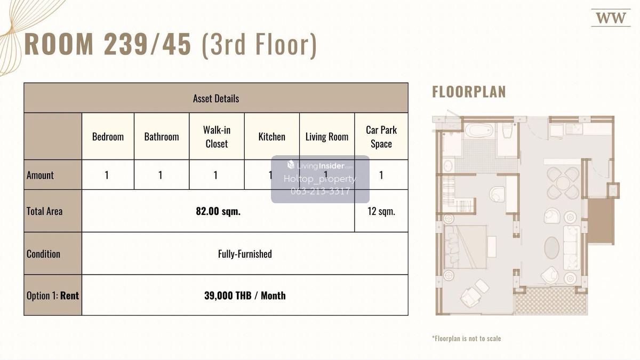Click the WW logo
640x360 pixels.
[611, 18]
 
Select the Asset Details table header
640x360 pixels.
[216, 98]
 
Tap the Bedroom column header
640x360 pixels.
[108, 137]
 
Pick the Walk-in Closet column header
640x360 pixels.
[217, 137]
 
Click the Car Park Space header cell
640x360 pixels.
[381, 137]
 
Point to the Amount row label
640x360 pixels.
[40, 175]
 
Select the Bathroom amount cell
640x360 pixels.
[162, 175]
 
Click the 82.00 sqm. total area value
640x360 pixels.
[218, 211]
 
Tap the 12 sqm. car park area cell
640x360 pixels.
[381, 211]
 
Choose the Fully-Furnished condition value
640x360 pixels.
[245, 254]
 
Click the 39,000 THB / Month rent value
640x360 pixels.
[245, 295]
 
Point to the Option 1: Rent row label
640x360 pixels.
[53, 295]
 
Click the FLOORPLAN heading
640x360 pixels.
[469, 92]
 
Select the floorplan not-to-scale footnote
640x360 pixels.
[466, 339]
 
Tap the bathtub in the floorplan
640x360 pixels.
[479, 131]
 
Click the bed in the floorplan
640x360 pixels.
[465, 247]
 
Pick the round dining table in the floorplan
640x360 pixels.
[563, 183]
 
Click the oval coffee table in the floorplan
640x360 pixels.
[551, 247]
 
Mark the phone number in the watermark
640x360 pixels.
[320, 191]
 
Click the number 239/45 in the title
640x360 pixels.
[147, 44]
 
